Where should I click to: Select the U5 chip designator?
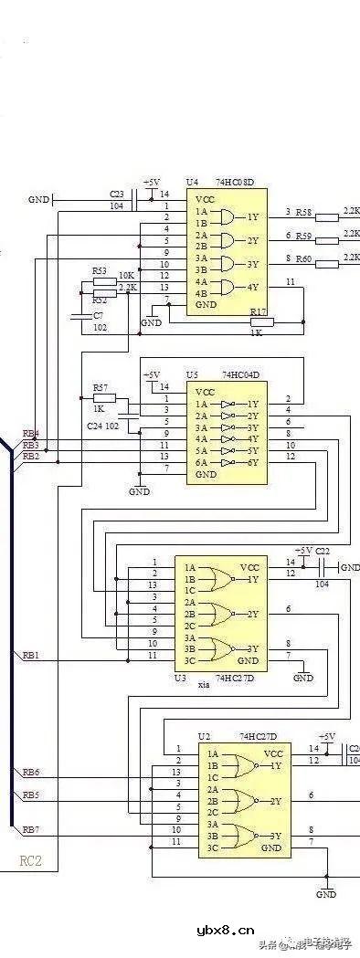tap(192, 374)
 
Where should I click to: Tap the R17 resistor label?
tap(258, 311)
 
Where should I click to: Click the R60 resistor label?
tap(303, 258)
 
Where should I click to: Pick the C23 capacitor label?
tap(117, 195)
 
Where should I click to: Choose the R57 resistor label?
tap(100, 387)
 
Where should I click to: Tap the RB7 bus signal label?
tap(30, 828)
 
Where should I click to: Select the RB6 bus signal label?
tap(30, 773)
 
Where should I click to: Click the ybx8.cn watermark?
tap(225, 932)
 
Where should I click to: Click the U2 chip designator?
tap(205, 735)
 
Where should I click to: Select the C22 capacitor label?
tap(322, 551)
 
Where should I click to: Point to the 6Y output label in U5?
tap(252, 462)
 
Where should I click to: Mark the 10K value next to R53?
tap(126, 275)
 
